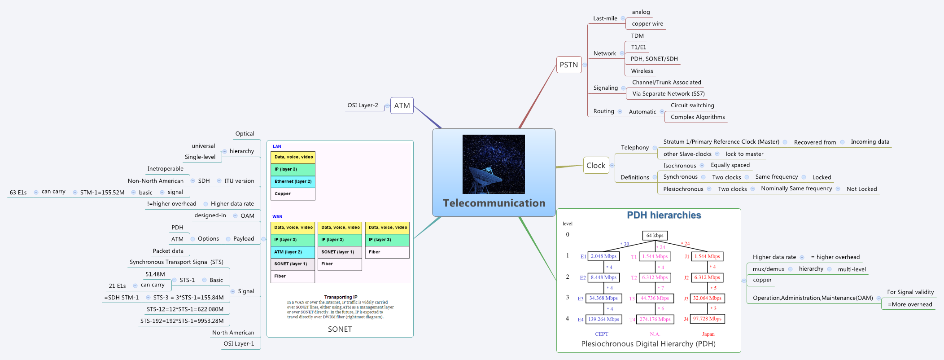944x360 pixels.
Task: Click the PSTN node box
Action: click(x=568, y=65)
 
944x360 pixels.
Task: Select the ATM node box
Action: click(x=402, y=105)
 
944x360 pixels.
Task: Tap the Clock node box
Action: click(x=596, y=165)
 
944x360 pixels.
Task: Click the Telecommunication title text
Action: click(x=494, y=203)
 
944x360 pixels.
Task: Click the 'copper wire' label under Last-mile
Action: click(x=647, y=24)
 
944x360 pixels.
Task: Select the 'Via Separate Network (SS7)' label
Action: click(x=668, y=94)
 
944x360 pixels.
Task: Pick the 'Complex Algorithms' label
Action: click(x=697, y=117)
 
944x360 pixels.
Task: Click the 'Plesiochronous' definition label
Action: click(x=683, y=189)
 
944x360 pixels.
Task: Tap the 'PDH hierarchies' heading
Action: click(x=664, y=215)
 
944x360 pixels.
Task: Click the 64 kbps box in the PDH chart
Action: click(x=655, y=235)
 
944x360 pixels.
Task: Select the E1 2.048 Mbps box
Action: click(x=603, y=256)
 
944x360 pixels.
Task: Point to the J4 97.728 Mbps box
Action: click(x=707, y=319)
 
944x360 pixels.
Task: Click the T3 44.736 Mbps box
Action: click(x=655, y=298)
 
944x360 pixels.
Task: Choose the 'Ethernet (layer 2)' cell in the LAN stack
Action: click(x=293, y=181)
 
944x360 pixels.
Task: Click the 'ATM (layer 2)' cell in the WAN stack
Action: click(x=293, y=252)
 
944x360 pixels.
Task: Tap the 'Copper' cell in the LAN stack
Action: click(x=293, y=194)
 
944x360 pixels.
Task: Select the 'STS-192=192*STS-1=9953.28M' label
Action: click(x=182, y=321)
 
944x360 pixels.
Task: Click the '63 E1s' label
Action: click(x=18, y=193)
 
